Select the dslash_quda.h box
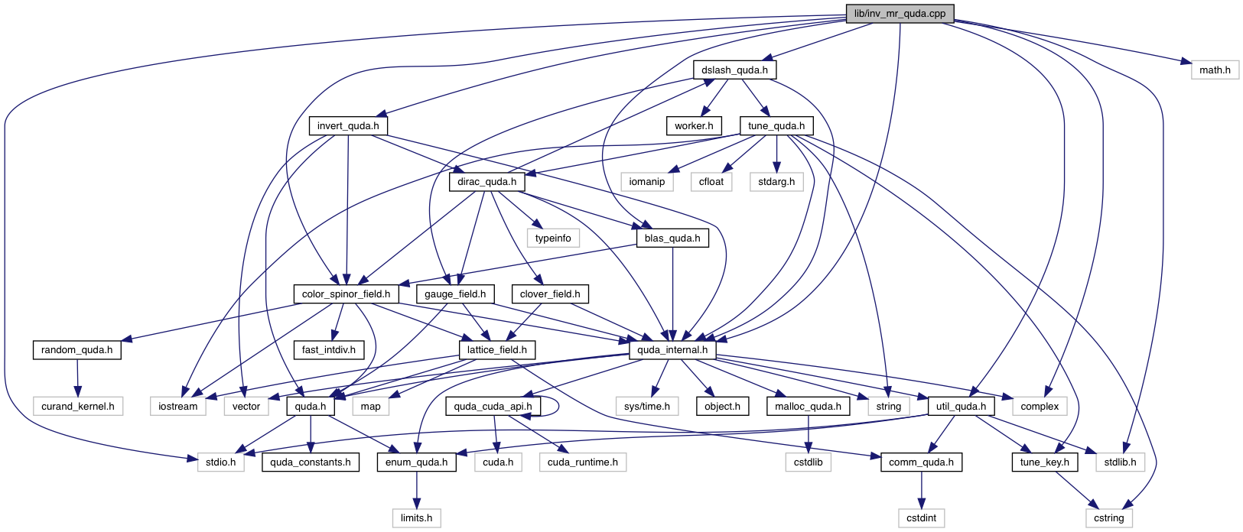click(734, 70)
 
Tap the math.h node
click(1214, 70)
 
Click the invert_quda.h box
click(348, 126)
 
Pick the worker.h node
click(694, 126)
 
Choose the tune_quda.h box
click(776, 126)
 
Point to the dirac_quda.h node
click(486, 182)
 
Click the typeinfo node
click(553, 238)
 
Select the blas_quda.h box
click(672, 238)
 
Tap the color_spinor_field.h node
click(346, 294)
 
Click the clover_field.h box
click(550, 294)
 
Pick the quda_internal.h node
click(672, 350)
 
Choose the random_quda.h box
click(77, 350)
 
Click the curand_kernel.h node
click(78, 406)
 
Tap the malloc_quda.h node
click(808, 406)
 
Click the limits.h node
click(416, 517)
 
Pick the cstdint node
click(921, 517)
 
